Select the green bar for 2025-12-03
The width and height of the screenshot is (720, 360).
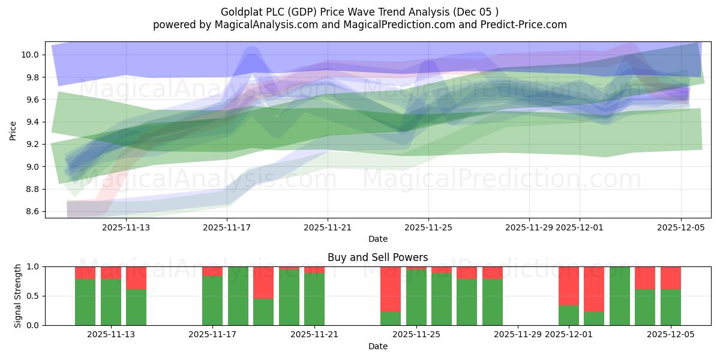pyautogui.click(x=620, y=296)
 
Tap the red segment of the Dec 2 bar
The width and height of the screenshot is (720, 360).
pyautogui.click(x=594, y=289)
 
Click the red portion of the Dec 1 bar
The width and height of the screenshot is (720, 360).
pyautogui.click(x=569, y=286)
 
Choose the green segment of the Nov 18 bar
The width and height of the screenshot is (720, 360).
pyautogui.click(x=238, y=296)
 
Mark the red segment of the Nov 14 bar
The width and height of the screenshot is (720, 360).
pyautogui.click(x=136, y=278)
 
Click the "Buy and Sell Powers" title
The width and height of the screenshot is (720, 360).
pyautogui.click(x=378, y=257)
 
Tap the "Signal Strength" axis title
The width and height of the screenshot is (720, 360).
pyautogui.click(x=18, y=296)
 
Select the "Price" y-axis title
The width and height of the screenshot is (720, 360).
pyautogui.click(x=13, y=130)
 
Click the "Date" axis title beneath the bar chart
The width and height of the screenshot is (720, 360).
pyautogui.click(x=378, y=346)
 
